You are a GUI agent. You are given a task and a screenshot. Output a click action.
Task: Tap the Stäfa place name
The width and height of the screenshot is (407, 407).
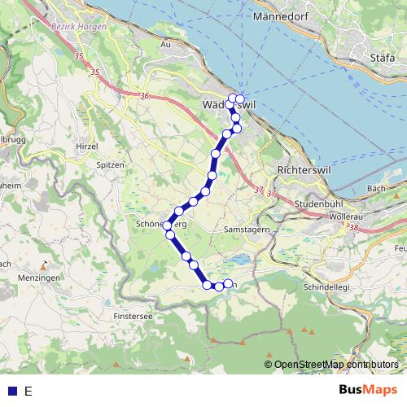383,58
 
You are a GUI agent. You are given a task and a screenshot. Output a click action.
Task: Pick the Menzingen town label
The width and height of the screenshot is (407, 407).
34,277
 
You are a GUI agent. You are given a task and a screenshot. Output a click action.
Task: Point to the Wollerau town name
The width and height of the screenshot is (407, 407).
345,217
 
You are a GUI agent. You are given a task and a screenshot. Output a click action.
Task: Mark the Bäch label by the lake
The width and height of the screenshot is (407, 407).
376,188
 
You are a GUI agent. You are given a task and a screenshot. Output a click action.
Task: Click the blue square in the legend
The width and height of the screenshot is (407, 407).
11,391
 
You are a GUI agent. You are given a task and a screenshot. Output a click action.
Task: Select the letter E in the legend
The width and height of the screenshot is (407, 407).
28,391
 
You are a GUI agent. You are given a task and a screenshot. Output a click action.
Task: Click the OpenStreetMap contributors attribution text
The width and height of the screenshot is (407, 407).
335,365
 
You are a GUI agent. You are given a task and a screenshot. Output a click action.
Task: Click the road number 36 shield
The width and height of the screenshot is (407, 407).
145,96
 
